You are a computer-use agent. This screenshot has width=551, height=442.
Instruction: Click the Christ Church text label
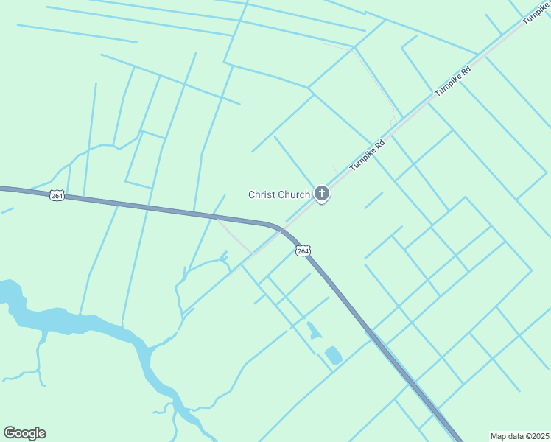(x=279, y=194)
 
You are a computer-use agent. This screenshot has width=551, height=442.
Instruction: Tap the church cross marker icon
(x=321, y=194)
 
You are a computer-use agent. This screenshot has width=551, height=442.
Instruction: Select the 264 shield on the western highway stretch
(x=57, y=195)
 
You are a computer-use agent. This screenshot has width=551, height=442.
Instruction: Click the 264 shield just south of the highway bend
(x=303, y=251)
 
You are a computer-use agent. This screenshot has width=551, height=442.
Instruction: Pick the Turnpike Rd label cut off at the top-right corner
(x=536, y=13)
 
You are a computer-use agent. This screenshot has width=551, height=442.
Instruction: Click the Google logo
(x=24, y=433)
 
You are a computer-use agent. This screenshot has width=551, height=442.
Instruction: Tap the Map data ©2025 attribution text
(x=519, y=436)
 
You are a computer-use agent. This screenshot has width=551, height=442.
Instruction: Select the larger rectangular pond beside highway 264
(x=333, y=355)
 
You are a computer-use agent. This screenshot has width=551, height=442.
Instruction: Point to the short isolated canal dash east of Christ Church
(x=373, y=200)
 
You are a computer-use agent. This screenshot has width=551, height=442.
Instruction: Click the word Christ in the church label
(x=262, y=194)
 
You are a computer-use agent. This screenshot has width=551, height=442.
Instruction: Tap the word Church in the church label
(x=294, y=194)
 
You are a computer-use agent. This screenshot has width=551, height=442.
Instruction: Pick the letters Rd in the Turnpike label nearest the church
(x=380, y=142)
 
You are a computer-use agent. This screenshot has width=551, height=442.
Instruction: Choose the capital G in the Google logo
(x=10, y=433)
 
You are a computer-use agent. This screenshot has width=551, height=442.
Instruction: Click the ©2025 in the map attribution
(x=535, y=436)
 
